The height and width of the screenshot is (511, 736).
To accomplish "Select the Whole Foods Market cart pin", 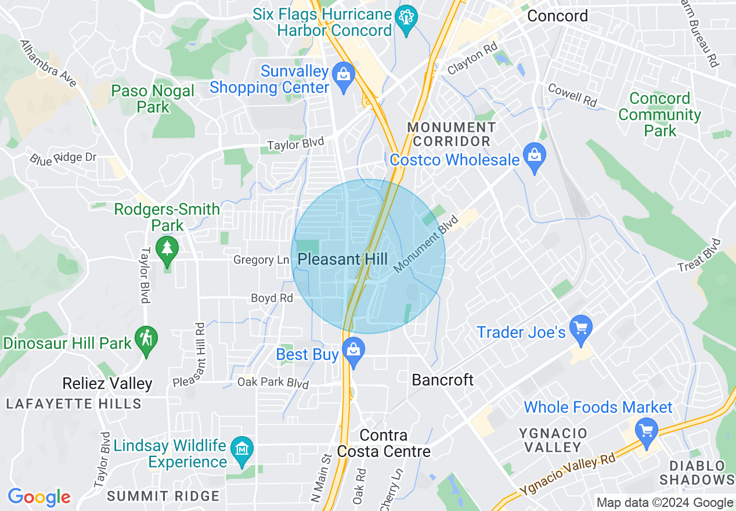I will tap(646, 431).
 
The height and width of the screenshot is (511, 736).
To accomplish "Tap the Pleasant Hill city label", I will tap(342, 259).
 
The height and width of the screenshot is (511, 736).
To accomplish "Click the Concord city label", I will tap(557, 16).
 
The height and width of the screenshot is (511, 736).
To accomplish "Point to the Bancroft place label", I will tap(443, 380).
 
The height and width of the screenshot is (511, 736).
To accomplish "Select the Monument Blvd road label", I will tap(425, 244).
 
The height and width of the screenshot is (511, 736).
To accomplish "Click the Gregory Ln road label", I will tap(261, 260).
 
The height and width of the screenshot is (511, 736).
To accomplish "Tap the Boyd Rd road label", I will tap(272, 298).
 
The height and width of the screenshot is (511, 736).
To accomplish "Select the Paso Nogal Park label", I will tap(153, 99).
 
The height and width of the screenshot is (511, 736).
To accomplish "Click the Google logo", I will tap(39, 497).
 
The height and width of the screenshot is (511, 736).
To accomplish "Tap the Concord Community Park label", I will tap(659, 114).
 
